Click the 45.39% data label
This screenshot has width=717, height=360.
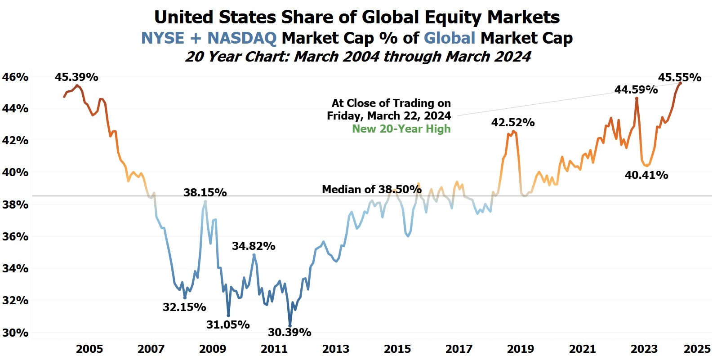click(x=76, y=77)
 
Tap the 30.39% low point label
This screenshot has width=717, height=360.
click(x=289, y=332)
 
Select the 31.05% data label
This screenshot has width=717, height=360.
click(x=228, y=324)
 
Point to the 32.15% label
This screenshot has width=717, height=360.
click(x=184, y=307)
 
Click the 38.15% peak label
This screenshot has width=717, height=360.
click(x=205, y=192)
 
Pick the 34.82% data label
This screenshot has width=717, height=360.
click(x=254, y=246)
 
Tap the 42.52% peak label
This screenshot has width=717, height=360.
click(x=513, y=122)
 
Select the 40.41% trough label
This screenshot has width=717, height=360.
click(x=646, y=175)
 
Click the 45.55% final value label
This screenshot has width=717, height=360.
click(x=680, y=77)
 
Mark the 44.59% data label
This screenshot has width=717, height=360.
click(x=636, y=89)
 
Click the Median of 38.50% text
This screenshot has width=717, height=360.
click(x=372, y=189)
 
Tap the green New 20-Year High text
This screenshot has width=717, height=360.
click(x=401, y=129)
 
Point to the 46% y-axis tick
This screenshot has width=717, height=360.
click(x=15, y=77)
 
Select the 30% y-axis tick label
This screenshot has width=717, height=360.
click(x=15, y=333)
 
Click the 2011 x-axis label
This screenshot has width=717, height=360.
click(x=274, y=349)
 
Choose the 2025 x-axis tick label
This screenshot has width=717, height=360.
click(x=697, y=349)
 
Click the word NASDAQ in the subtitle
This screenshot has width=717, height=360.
click(x=241, y=38)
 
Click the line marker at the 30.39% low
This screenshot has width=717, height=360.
click(x=290, y=326)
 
